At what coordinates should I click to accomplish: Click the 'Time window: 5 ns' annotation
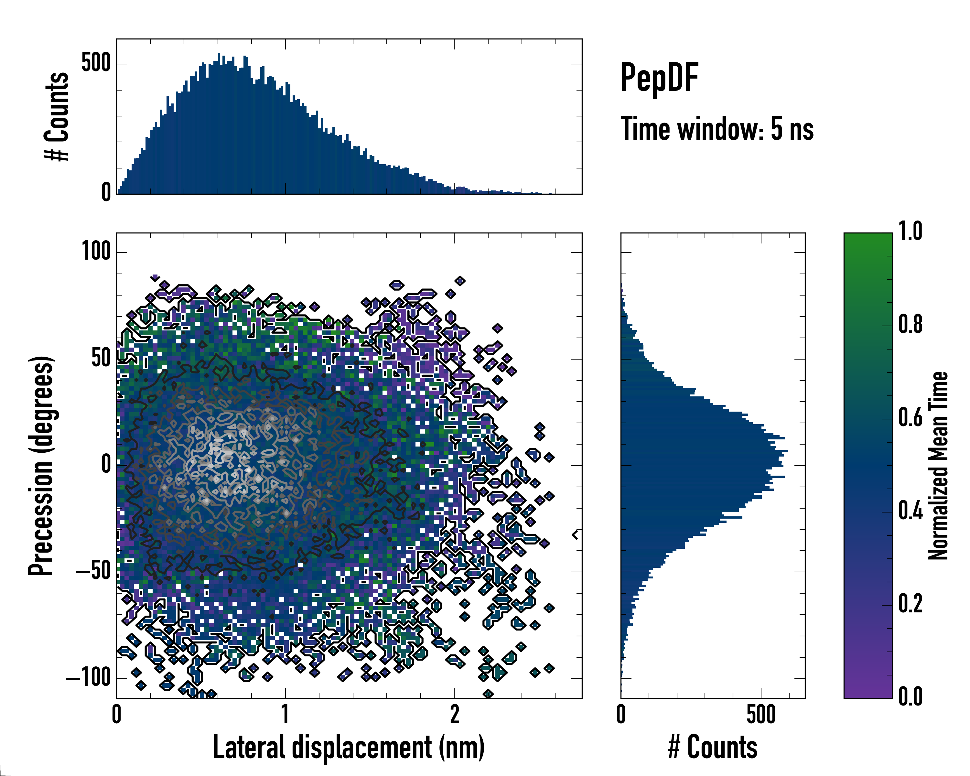[x=717, y=129]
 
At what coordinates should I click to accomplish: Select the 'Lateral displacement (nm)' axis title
[x=349, y=747]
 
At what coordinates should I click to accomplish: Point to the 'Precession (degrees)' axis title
[x=41, y=465]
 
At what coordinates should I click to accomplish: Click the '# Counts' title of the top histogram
[x=57, y=116]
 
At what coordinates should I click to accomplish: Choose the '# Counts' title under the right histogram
[x=713, y=747]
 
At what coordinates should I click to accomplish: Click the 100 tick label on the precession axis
[x=96, y=251]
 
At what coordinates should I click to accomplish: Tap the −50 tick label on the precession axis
[x=93, y=571]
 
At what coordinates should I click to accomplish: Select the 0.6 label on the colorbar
[x=910, y=418]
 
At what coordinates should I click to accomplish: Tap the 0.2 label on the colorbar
[x=910, y=604]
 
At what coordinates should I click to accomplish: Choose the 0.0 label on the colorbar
[x=910, y=696]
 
